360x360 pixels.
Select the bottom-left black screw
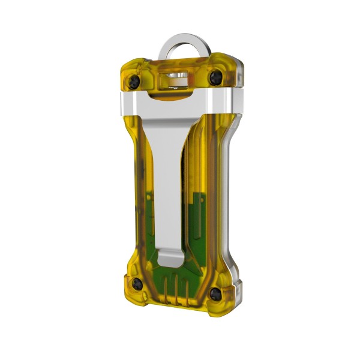tap(137, 283)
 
